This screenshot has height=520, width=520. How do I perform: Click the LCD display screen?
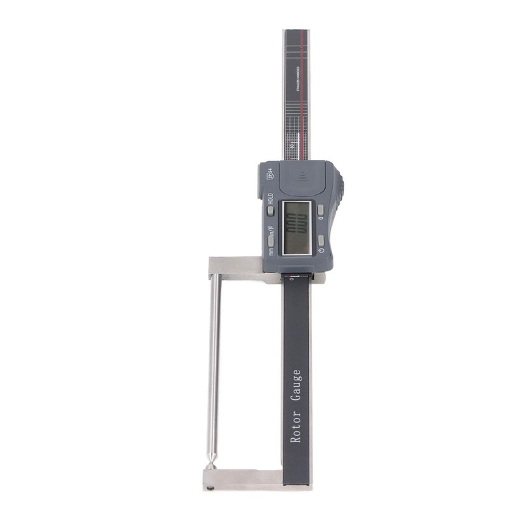click(x=297, y=227)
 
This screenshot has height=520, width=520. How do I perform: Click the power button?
click(x=320, y=240)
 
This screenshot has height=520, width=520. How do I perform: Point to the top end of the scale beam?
click(x=296, y=32)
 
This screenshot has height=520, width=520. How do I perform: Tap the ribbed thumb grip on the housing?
click(x=340, y=188)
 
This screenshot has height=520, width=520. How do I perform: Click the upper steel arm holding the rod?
click(x=235, y=266)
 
